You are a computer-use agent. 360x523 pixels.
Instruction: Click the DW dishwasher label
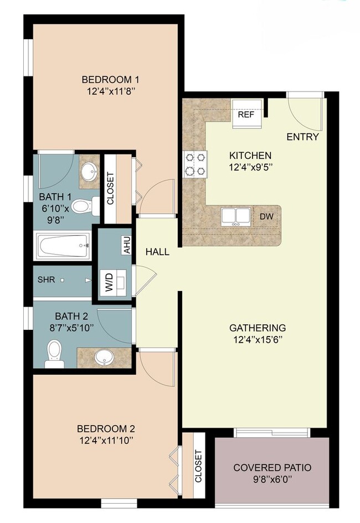pyautogui.click(x=266, y=216)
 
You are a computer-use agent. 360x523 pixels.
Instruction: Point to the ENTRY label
pyautogui.click(x=302, y=137)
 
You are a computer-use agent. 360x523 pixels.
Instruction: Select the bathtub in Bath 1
pyautogui.click(x=62, y=245)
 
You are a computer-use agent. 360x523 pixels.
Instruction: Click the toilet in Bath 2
pyautogui.click(x=54, y=353)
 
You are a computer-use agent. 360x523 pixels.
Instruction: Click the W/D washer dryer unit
pyautogui.click(x=110, y=282)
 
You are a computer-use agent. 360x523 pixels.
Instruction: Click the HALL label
pyautogui.click(x=157, y=252)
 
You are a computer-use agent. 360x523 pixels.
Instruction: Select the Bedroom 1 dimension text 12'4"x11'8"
pyautogui.click(x=107, y=91)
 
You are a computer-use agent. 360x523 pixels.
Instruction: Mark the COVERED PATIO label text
pyautogui.click(x=272, y=468)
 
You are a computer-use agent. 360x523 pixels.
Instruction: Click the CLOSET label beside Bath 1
pyautogui.click(x=110, y=189)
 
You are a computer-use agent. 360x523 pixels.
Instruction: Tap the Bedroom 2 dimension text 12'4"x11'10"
pyautogui.click(x=106, y=441)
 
